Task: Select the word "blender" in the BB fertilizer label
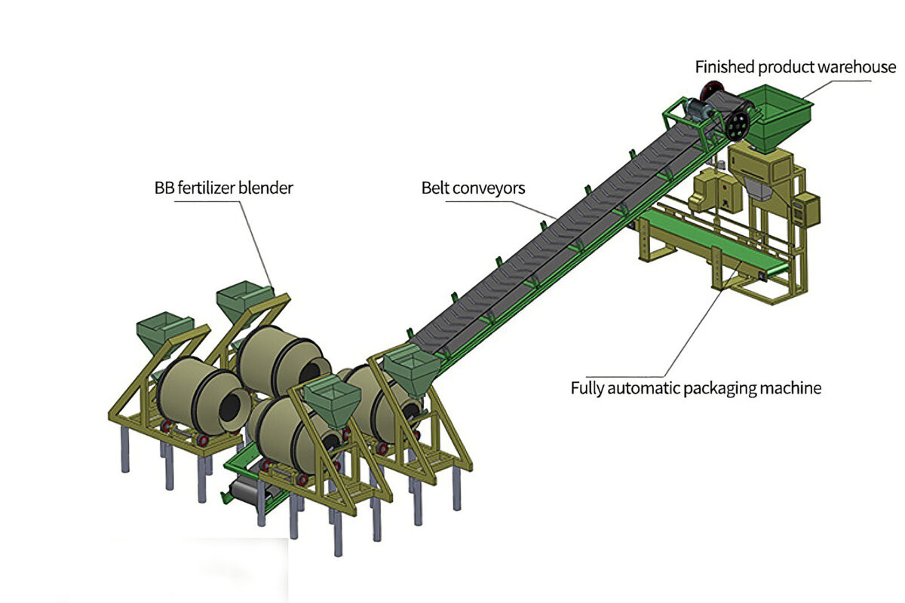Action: point(266,187)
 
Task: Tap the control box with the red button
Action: point(807,209)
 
